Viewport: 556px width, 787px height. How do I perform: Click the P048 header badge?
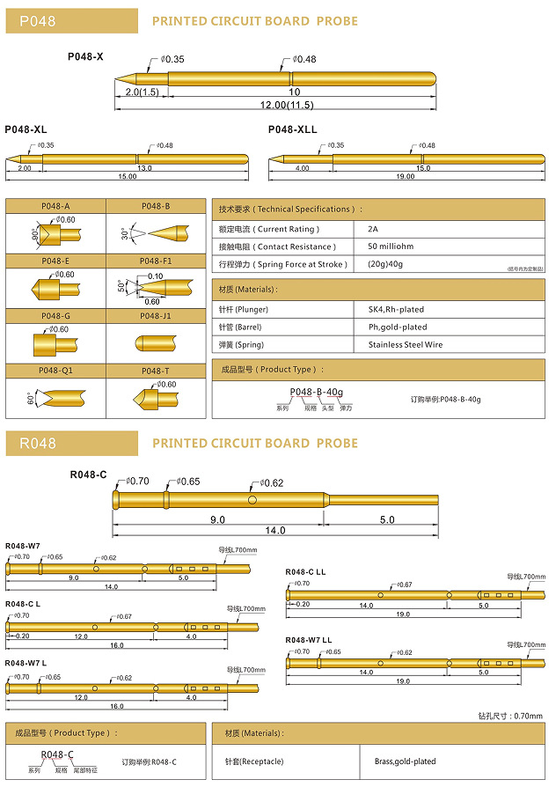70,20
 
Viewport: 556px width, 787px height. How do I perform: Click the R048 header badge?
70,443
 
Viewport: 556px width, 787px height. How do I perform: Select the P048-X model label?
85,56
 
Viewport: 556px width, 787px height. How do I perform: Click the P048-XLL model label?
292,129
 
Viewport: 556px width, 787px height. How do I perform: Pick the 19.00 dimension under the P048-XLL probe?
405,176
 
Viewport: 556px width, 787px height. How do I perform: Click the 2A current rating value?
374,229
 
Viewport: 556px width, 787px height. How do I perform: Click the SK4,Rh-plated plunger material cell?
395,310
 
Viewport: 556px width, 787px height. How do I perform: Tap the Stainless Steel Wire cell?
406,345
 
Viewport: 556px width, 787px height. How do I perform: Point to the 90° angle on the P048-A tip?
34,235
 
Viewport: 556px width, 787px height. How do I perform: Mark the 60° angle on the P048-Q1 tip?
31,398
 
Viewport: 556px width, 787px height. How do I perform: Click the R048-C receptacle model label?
88,475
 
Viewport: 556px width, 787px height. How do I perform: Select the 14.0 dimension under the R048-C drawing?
275,531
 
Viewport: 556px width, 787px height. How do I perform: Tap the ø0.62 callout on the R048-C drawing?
271,482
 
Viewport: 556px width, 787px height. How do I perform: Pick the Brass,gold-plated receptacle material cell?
405,761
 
